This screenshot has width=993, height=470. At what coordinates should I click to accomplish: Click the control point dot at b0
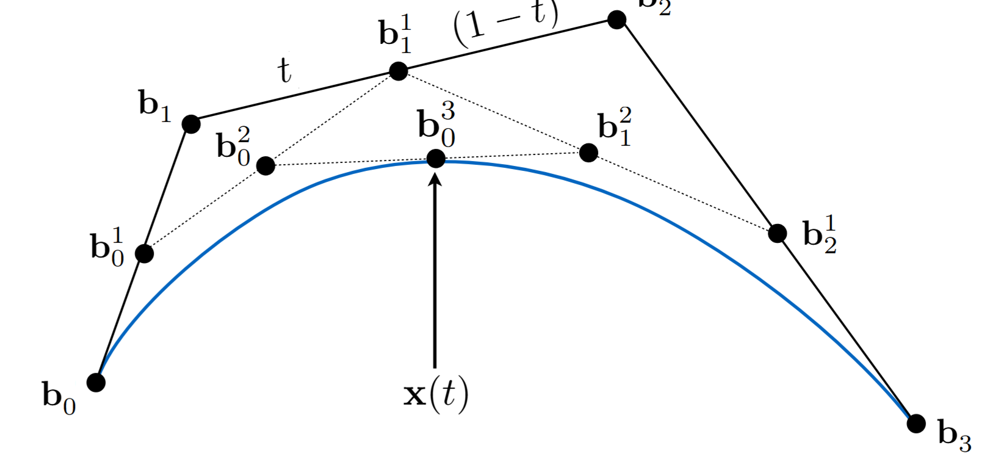96,383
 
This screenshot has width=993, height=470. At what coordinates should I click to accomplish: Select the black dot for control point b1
191,125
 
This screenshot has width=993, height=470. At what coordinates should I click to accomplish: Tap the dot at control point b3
915,423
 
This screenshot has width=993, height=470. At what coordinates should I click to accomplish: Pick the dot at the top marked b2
616,20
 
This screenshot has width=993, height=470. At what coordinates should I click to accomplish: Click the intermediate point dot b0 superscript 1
144,253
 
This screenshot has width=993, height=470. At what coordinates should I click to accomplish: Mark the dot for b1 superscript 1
398,71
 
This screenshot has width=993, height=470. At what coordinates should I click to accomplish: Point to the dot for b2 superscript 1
777,233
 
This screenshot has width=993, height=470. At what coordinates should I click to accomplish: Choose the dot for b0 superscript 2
265,165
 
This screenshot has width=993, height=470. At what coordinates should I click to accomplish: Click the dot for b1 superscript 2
588,153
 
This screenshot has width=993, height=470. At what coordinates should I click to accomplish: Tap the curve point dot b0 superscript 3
436,159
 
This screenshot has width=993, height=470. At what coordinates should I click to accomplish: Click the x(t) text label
436,394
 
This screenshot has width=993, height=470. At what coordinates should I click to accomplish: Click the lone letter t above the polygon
284,70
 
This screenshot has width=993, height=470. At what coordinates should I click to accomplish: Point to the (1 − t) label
505,23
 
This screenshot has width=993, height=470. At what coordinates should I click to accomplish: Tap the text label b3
954,436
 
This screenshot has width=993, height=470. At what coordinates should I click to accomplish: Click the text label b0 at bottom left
59,397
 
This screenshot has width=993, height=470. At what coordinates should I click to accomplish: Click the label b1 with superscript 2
615,127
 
